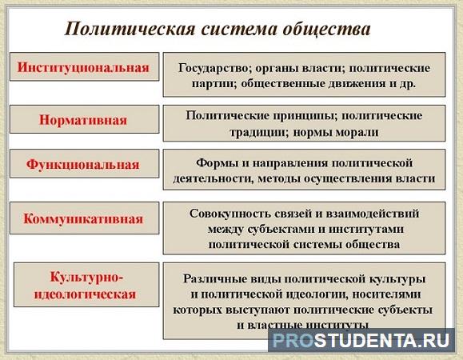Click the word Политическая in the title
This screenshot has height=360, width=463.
(130, 30)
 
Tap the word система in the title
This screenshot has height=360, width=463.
(239, 30)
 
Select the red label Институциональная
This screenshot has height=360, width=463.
(83, 67)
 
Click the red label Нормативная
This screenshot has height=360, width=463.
(83, 120)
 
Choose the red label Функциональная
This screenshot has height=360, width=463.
(82, 164)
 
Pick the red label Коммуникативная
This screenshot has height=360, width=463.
(83, 219)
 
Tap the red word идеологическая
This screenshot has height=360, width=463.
(85, 294)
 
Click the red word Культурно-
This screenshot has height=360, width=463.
(86, 277)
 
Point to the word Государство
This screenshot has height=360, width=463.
(213, 68)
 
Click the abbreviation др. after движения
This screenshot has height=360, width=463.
(408, 83)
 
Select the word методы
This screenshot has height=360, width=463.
(279, 178)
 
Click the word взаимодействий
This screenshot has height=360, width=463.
(372, 214)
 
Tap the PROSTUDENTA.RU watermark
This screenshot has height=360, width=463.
(361, 341)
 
